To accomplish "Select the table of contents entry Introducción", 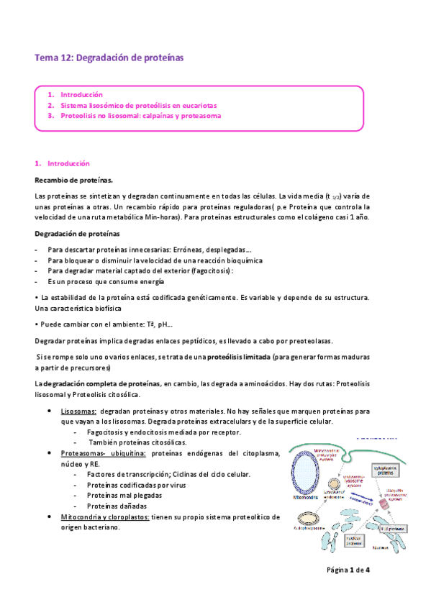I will tap(81, 94).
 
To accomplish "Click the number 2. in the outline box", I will tap(51, 105).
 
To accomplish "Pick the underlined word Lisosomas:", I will tap(79, 411).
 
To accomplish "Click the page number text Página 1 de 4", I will tap(348, 570).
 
